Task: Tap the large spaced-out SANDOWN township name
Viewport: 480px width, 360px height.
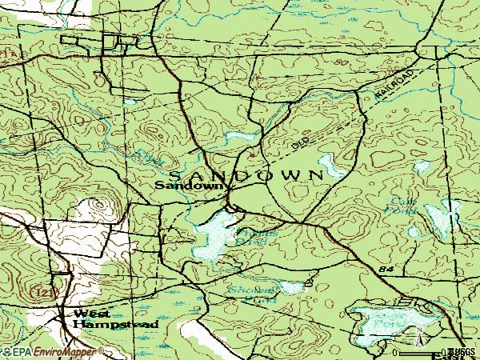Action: (245, 174)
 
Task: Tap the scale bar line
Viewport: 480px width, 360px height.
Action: (421, 350)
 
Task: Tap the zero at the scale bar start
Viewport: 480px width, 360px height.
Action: (395, 352)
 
